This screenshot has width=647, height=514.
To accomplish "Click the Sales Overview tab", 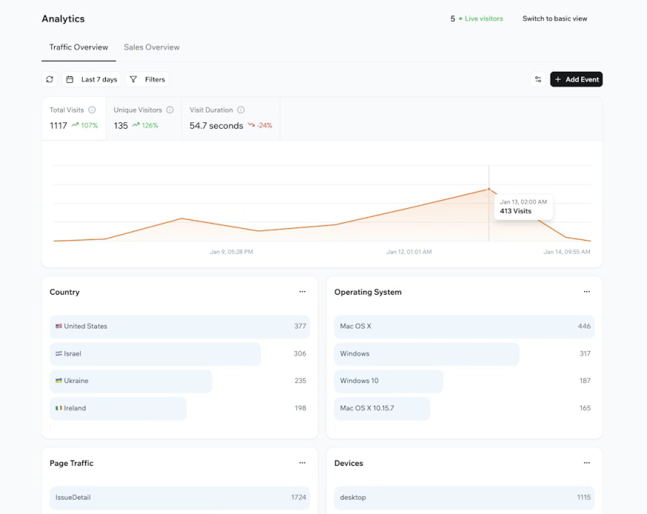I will (152, 47).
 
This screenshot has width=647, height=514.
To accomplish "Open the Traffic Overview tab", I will (78, 47).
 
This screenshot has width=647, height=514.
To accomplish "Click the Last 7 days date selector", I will (91, 79).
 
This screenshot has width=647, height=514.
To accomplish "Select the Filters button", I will (147, 79).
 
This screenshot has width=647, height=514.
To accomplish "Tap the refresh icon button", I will (50, 79).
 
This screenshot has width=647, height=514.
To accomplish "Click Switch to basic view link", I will (554, 19).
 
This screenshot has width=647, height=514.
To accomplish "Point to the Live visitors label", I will (483, 19).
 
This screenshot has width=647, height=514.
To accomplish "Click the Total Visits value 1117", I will (58, 126).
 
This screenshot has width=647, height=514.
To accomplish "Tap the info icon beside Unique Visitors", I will (170, 110).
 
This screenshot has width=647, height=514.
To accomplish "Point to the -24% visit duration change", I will (264, 126).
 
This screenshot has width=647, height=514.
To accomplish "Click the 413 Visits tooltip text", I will (516, 211).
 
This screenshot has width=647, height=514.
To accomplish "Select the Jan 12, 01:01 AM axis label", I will (409, 252).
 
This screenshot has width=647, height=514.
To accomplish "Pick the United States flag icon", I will (58, 326).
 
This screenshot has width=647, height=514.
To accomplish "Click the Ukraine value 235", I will (300, 381).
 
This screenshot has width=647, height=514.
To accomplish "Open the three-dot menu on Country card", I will (302, 292).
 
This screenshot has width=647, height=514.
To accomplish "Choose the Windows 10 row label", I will (359, 381).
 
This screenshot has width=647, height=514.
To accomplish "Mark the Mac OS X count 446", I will (584, 326).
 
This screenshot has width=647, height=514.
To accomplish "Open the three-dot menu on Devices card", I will (586, 463).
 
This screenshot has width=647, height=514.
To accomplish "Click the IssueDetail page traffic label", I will (73, 498).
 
